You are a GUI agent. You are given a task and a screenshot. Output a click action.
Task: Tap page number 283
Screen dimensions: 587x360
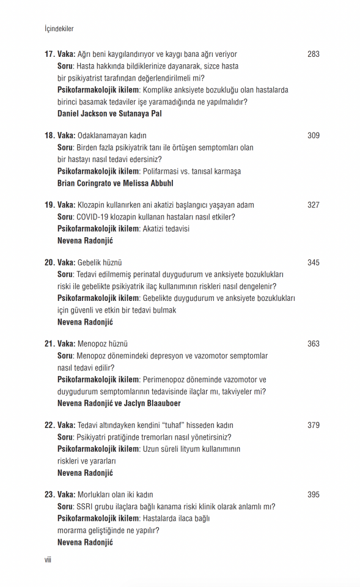tap(313, 54)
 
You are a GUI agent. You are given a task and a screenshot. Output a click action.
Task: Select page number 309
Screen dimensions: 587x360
tap(313, 136)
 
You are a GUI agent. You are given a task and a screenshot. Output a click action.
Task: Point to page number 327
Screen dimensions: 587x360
tap(313, 205)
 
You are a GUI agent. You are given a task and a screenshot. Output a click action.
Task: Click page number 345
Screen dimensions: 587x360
tap(313, 263)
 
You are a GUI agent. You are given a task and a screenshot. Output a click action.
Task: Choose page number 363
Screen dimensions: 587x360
tap(313, 344)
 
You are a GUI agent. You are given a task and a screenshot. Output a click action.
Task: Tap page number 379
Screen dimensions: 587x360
tap(313, 425)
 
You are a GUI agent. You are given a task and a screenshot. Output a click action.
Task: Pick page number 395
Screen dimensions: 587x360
tap(313, 495)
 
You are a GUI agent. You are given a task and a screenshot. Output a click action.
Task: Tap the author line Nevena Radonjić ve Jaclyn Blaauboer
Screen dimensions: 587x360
tap(119, 403)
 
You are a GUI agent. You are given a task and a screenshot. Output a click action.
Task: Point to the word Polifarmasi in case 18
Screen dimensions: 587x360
tap(161, 171)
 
